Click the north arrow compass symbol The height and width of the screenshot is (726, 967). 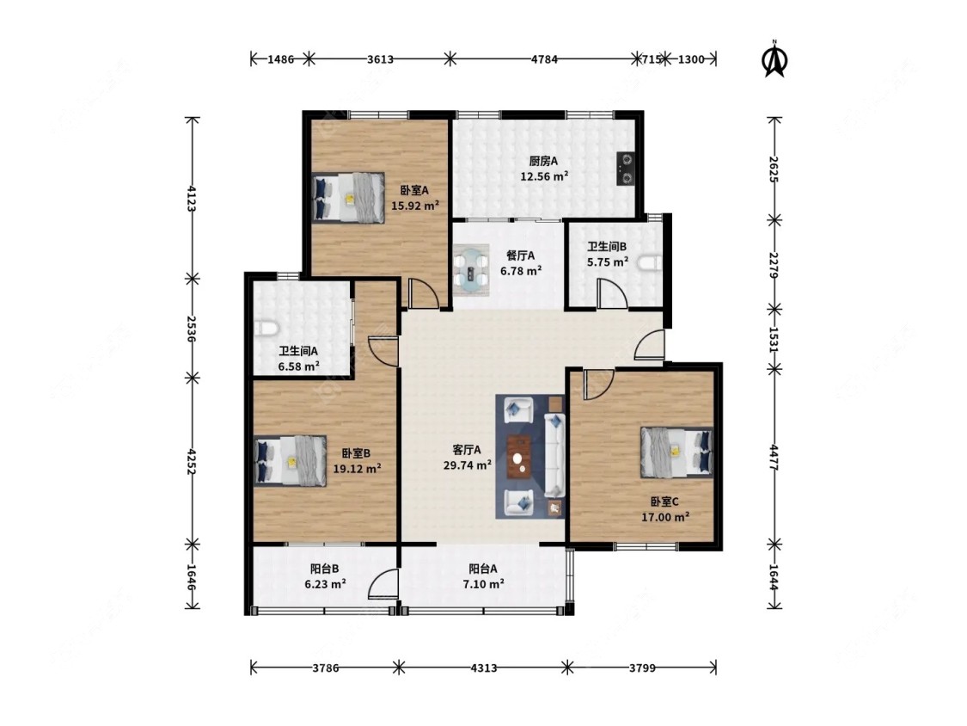(x=774, y=59)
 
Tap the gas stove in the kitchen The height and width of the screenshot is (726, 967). (x=626, y=169)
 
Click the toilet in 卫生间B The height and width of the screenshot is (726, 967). (x=650, y=263)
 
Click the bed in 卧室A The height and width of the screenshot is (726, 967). (x=348, y=197)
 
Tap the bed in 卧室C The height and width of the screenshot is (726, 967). (x=676, y=452)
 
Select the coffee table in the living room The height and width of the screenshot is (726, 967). (x=519, y=457)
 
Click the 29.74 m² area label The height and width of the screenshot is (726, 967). (x=467, y=465)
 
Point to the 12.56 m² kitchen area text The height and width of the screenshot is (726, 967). (x=544, y=176)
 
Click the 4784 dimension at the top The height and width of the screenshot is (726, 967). (x=544, y=59)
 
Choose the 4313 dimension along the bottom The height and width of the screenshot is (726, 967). (x=483, y=668)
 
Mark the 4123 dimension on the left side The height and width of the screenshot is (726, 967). (x=192, y=198)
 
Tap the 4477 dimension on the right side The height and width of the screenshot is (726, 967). (x=774, y=458)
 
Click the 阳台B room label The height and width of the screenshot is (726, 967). (x=324, y=569)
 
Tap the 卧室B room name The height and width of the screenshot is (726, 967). (x=357, y=453)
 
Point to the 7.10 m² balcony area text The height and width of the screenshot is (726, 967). (x=483, y=583)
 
